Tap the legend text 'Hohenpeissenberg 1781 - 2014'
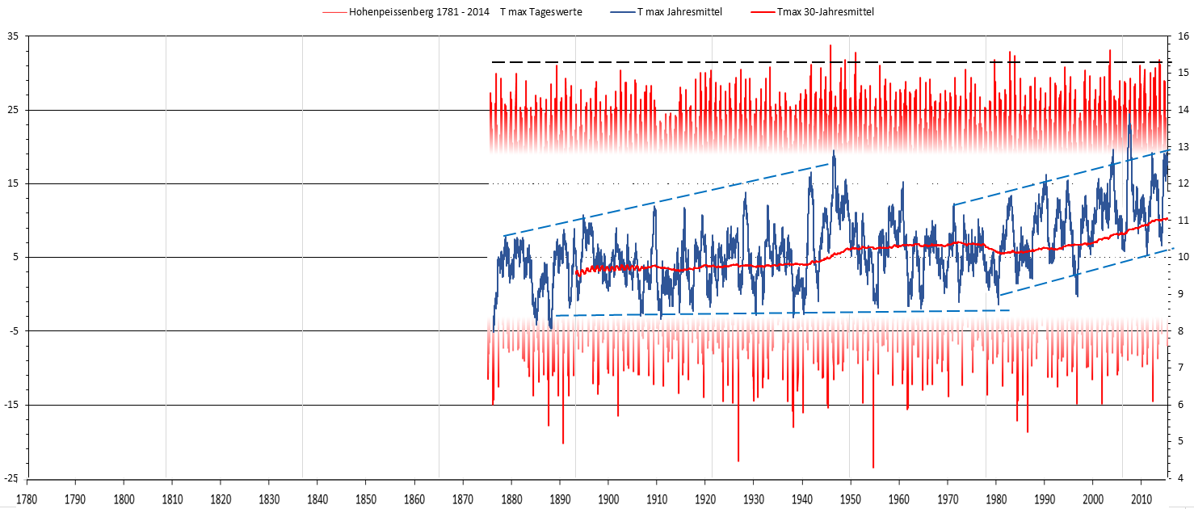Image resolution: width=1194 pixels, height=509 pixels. (x=419, y=12)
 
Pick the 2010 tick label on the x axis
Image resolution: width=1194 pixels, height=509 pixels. (x=1141, y=498)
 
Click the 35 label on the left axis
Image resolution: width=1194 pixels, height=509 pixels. (x=12, y=36)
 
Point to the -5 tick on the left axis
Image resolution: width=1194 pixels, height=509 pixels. (x=12, y=331)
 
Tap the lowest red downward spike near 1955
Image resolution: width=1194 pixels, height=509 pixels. (x=873, y=466)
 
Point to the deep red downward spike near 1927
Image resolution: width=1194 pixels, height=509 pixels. (x=738, y=460)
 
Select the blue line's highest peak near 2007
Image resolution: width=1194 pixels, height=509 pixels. (x=1129, y=105)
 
